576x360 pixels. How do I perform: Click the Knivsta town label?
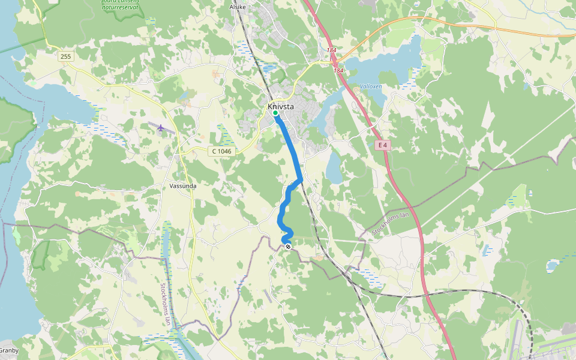click(x=281, y=107)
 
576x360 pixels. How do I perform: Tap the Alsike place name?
click(x=238, y=7)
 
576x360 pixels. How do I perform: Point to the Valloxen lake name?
click(x=371, y=86)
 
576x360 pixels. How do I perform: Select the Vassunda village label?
click(x=183, y=186)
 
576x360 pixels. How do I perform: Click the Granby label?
click(x=9, y=350)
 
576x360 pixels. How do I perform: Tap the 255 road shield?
click(x=65, y=56)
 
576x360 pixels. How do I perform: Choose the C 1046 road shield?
click(x=221, y=151)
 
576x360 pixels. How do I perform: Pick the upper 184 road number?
click(x=331, y=50)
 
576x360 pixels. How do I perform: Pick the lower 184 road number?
click(x=338, y=71)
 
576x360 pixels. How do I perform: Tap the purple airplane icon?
click(x=160, y=127)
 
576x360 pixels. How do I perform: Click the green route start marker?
click(x=275, y=113)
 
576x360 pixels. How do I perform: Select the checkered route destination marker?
click(x=288, y=247)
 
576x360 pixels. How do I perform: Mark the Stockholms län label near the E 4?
click(x=390, y=223)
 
